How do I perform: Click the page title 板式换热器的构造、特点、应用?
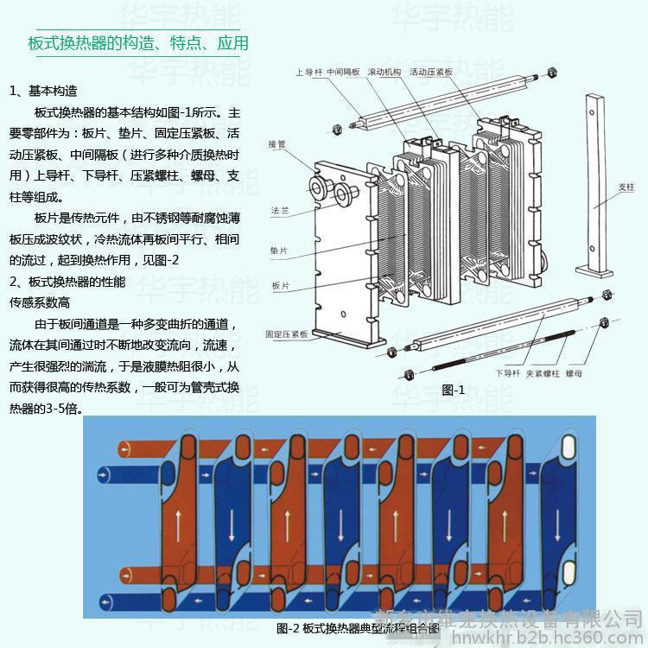click(x=138, y=43)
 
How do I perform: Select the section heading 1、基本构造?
click(x=43, y=91)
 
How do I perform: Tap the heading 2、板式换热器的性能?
click(x=67, y=282)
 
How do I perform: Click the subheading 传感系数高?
click(x=40, y=302)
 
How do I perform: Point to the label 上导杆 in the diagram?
click(x=308, y=73)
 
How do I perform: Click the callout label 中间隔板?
click(x=343, y=73)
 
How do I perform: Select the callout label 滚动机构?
click(x=384, y=73)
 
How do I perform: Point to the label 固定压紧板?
click(x=287, y=333)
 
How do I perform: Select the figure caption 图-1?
click(x=454, y=390)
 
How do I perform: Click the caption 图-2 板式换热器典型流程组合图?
click(x=358, y=628)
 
